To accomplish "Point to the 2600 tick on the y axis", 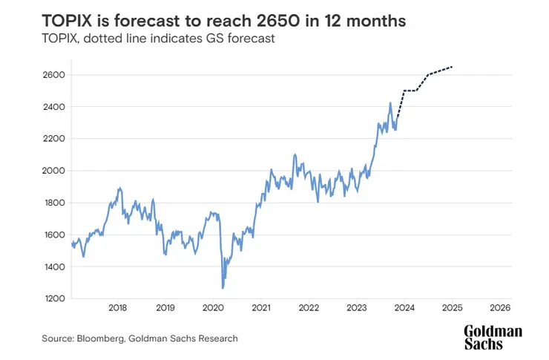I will [x=56, y=75].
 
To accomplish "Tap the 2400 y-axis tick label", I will [x=56, y=107].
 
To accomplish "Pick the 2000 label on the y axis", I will [x=56, y=171].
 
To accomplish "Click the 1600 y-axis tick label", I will [x=56, y=235].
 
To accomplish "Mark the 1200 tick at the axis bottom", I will [x=56, y=298].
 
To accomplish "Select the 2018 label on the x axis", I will [x=117, y=307].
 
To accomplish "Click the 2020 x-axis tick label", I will [x=213, y=307].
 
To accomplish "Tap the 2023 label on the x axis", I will [x=357, y=307].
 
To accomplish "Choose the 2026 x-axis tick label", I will [x=500, y=307].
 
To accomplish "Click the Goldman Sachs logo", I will [x=493, y=337].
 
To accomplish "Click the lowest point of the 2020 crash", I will [x=223, y=288].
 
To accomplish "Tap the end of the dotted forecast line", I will [x=453, y=67].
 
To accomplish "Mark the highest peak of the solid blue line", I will [x=390, y=103].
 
